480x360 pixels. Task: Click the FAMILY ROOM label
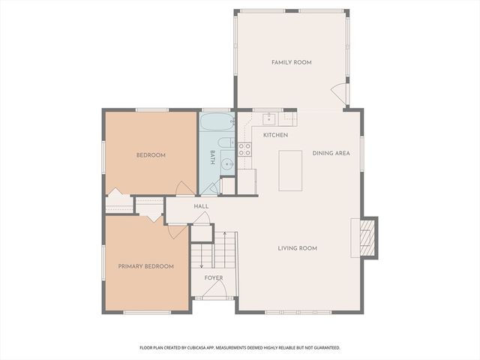(292, 62)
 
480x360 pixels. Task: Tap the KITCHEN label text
(275, 135)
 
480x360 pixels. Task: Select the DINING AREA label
(331, 153)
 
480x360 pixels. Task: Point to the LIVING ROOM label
(297, 248)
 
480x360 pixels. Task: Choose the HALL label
(201, 206)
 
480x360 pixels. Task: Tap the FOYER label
(214, 278)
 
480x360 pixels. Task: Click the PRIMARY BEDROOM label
(145, 266)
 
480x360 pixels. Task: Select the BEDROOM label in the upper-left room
(151, 155)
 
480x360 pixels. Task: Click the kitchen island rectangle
(290, 170)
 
